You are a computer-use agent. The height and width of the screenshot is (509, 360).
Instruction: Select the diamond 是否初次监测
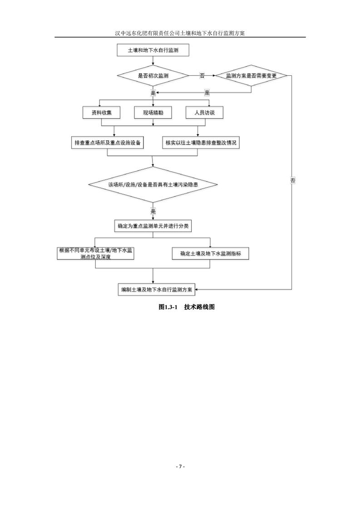[x=153, y=75]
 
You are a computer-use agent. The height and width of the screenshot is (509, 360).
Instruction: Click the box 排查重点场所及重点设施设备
[x=108, y=143]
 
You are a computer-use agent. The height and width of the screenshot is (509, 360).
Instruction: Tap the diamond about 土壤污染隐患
[x=153, y=185]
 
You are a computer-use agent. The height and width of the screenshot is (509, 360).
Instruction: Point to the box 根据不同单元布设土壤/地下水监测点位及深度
[x=95, y=254]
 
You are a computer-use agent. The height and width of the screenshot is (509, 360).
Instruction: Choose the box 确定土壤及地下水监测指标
[x=210, y=254]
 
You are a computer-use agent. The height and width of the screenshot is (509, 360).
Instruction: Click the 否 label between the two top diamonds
[x=202, y=75]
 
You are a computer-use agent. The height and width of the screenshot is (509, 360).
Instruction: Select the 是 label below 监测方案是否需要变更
[x=207, y=93]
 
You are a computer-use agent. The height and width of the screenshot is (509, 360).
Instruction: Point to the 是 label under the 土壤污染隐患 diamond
[x=153, y=211]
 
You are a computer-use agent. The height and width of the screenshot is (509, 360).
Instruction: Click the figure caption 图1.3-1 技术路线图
[x=186, y=307]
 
